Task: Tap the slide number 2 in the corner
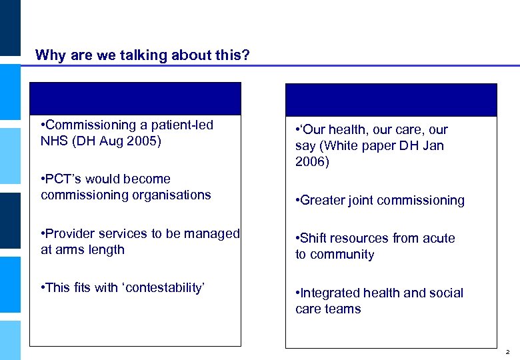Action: pyautogui.click(x=508, y=351)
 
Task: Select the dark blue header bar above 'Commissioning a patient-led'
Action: pyautogui.click(x=135, y=99)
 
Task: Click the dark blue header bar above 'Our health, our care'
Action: pyautogui.click(x=391, y=100)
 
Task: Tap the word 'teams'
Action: pyautogui.click(x=343, y=309)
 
